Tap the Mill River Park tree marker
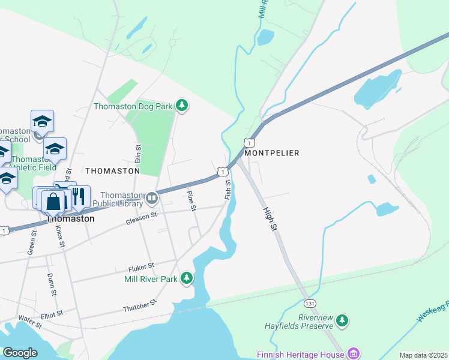click(x=187, y=278)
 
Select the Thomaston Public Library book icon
click(x=152, y=198)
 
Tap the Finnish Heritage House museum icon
click(x=354, y=353)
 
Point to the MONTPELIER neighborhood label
click(x=271, y=153)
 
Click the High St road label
click(x=271, y=220)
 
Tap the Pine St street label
click(x=191, y=201)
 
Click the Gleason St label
click(x=141, y=218)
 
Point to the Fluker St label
click(x=141, y=265)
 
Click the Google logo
click(x=20, y=353)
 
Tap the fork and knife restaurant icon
click(x=78, y=196)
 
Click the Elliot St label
click(x=52, y=314)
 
